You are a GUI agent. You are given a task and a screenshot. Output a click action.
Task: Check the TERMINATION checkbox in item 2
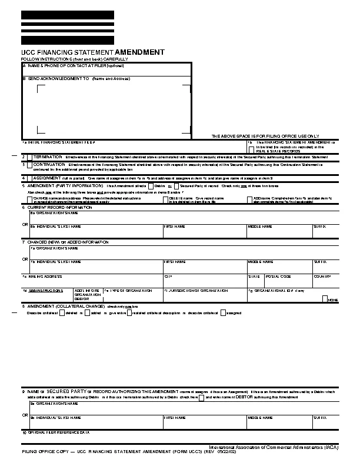(29, 158)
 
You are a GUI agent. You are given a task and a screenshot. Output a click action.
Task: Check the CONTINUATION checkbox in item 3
(29, 165)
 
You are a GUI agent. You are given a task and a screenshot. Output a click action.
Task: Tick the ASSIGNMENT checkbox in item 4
(29, 177)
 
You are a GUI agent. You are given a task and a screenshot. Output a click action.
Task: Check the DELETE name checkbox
(166, 199)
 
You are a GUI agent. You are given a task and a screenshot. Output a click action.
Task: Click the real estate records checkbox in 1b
(251, 149)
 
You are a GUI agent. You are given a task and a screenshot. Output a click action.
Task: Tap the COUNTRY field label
(322, 276)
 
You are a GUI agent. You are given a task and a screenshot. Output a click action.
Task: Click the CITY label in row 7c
(168, 276)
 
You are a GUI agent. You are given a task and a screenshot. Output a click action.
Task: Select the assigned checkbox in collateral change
(223, 312)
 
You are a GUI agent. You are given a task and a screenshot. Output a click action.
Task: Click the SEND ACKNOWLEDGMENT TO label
(58, 78)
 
